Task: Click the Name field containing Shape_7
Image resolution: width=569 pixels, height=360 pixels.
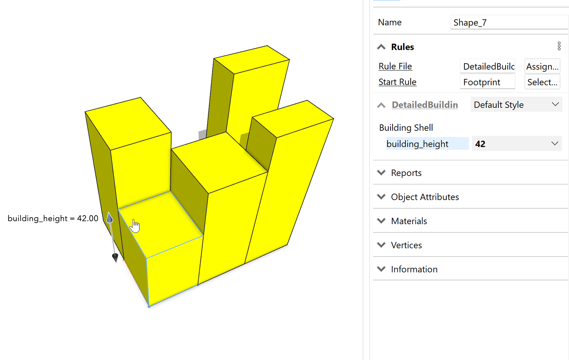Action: [x=509, y=22]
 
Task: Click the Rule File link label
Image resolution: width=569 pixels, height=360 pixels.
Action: [x=395, y=66]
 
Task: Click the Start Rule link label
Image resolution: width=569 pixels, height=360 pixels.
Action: [x=397, y=82]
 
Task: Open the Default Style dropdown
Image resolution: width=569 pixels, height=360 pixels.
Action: [x=516, y=104]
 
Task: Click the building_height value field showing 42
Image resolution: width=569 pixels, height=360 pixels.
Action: [x=517, y=144]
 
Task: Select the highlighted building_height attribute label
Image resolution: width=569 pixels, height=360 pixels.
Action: [x=427, y=144]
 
